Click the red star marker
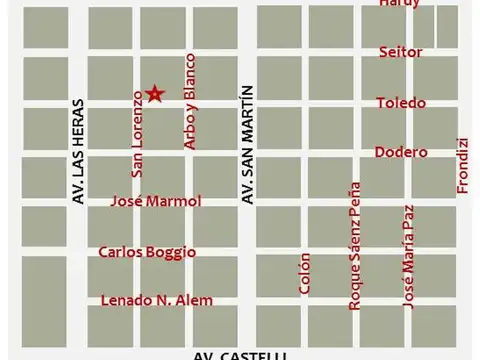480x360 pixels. (x=155, y=94)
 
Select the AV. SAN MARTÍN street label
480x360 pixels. (x=247, y=144)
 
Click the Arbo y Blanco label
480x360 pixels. (x=190, y=102)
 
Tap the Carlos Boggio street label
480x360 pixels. (x=147, y=252)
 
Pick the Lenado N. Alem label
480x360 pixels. (x=156, y=300)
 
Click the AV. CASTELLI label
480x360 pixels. (x=240, y=355)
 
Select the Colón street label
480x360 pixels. (x=305, y=272)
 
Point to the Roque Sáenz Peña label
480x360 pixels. (x=354, y=245)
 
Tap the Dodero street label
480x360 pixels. (x=401, y=152)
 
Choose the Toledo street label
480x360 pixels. (x=401, y=103)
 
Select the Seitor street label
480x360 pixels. (x=401, y=51)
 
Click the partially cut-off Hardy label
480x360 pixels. (x=400, y=4)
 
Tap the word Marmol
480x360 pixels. (x=176, y=201)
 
